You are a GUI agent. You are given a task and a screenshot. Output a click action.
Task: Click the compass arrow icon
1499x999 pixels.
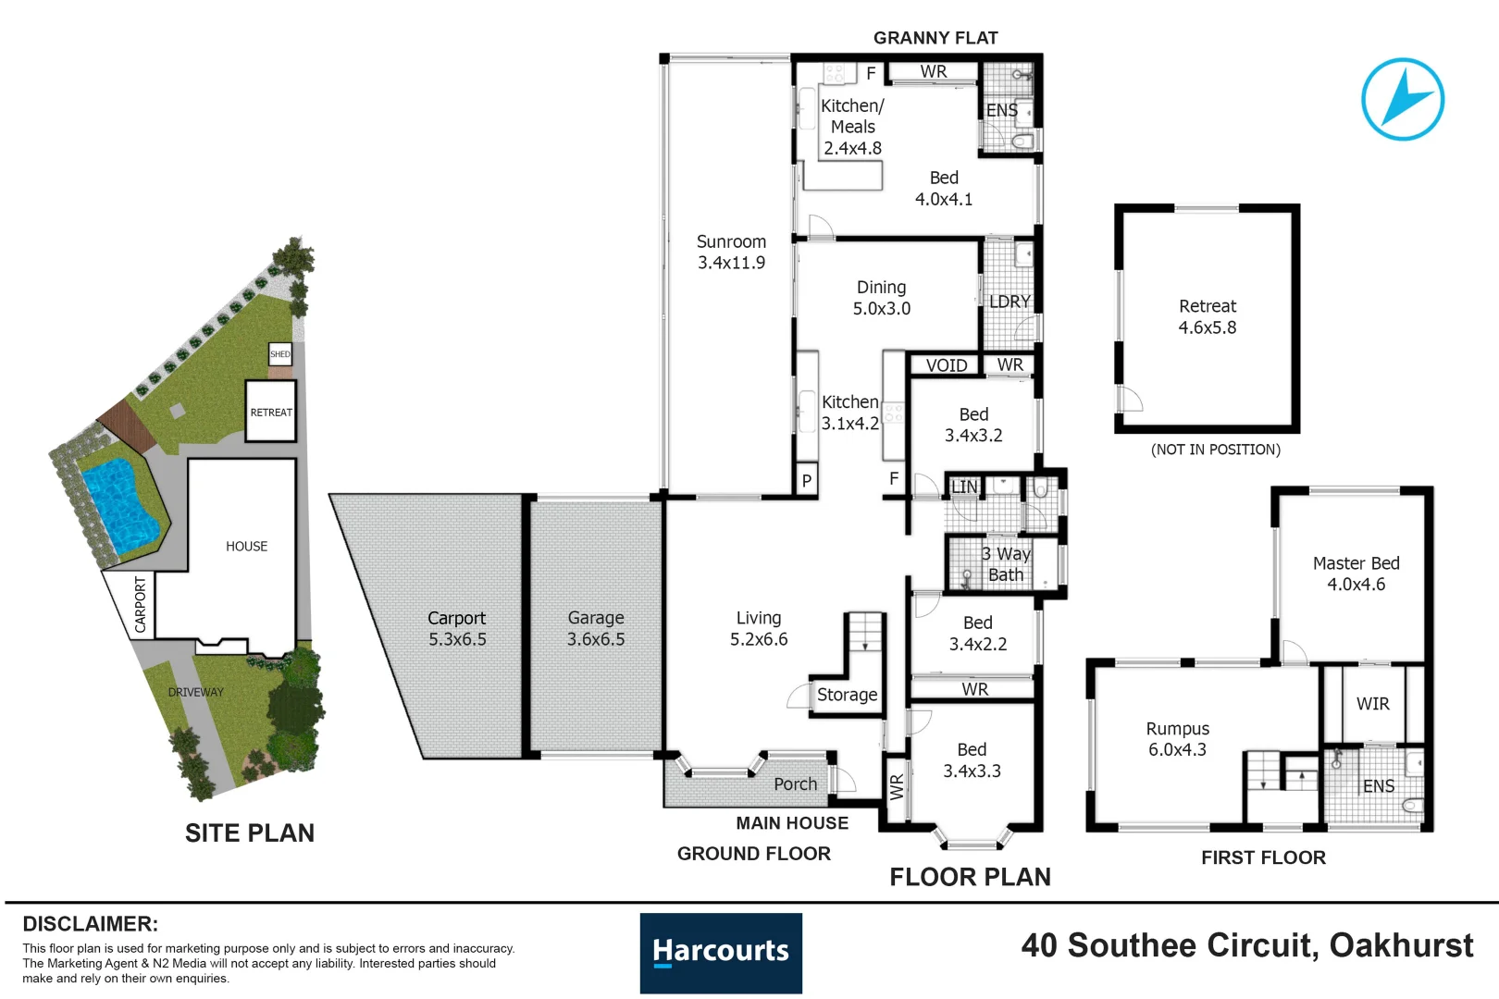[1403, 99]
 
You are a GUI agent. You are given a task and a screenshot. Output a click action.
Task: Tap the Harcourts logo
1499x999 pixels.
[721, 953]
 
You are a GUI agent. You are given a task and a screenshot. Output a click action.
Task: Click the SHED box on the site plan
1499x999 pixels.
[279, 354]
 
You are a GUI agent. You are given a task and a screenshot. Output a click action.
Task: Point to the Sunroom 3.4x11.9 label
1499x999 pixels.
[731, 252]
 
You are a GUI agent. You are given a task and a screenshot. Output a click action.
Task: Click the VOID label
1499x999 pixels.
[947, 365]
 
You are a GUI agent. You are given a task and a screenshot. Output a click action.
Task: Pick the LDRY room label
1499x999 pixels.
[1009, 302]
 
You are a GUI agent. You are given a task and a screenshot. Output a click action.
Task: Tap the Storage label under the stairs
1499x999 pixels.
[847, 695]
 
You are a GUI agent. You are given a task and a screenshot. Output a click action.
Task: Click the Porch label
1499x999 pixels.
[795, 784]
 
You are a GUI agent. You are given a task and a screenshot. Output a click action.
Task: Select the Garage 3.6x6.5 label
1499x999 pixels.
[596, 628]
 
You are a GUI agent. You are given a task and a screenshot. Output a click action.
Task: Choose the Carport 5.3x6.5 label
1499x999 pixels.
[457, 628]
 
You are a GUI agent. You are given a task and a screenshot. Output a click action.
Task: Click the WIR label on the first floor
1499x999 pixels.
[1372, 704]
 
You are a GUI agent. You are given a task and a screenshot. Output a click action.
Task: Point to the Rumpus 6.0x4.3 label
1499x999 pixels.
[1177, 739]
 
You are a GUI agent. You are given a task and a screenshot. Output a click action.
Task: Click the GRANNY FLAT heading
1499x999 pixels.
[935, 38]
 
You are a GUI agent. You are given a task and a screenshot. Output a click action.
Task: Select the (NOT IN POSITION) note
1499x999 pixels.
[1215, 450]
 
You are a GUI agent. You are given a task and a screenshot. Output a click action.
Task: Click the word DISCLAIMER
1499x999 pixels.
[90, 924]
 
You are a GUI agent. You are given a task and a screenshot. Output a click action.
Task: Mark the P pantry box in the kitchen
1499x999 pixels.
[807, 480]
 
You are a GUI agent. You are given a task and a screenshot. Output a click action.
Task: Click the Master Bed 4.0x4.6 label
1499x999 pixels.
[1356, 573]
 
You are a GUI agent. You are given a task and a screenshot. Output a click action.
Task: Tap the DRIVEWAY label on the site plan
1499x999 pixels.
[195, 692]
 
